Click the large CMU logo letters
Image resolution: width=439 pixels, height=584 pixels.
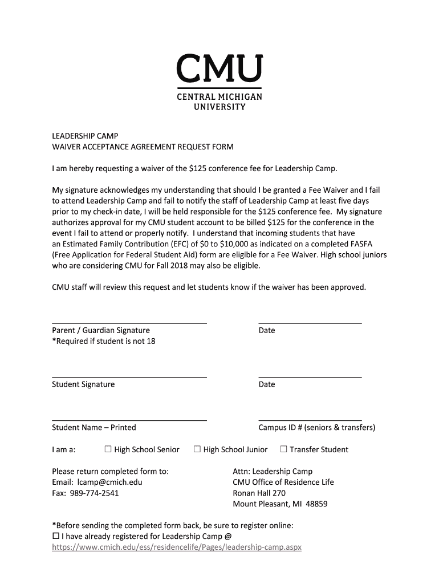tap(219, 69)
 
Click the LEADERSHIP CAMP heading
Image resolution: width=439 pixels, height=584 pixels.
tap(85, 136)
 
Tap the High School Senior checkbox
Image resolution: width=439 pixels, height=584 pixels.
tap(108, 449)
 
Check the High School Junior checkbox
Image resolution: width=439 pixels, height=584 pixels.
tap(197, 449)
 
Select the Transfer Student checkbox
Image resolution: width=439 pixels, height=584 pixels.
tap(283, 449)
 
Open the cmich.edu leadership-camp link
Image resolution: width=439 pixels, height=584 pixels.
tap(176, 547)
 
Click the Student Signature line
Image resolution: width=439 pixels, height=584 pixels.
tap(129, 376)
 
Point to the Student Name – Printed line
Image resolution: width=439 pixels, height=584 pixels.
tap(129, 420)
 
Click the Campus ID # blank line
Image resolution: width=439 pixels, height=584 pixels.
tap(310, 420)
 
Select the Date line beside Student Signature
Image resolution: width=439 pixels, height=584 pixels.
tap(310, 376)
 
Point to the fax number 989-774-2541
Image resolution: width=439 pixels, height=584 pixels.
tap(95, 493)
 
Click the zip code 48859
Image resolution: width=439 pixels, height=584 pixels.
tap(316, 504)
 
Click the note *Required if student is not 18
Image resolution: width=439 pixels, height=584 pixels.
tap(103, 341)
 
